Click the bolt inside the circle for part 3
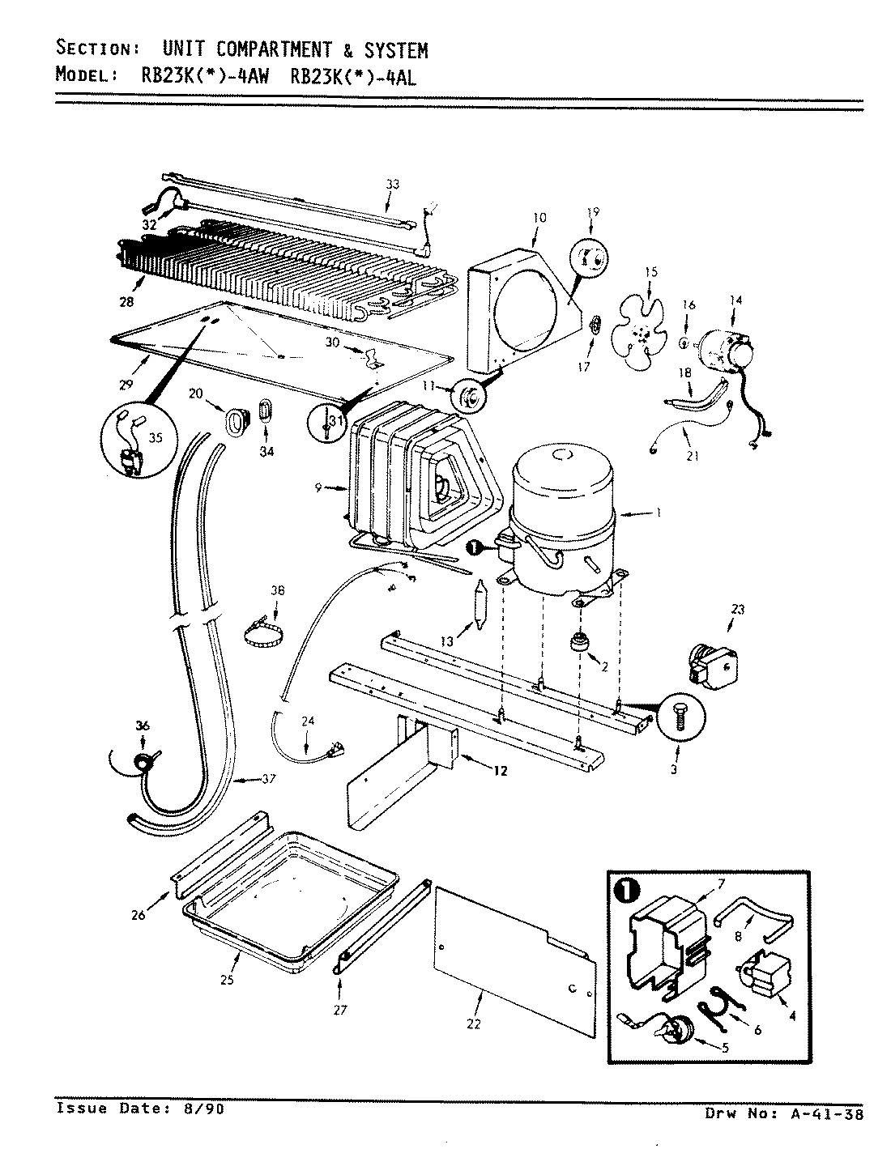click(679, 717)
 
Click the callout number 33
click(392, 185)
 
